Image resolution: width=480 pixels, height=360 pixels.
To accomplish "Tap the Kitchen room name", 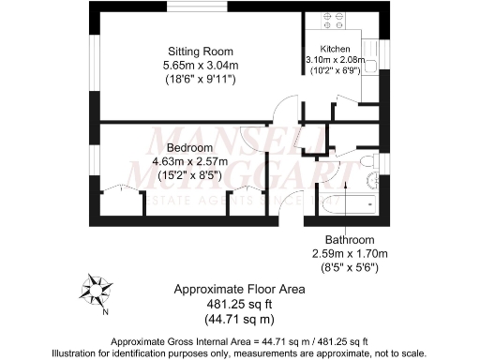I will tap(336, 48).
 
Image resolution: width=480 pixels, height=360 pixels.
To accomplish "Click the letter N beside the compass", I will tap(106, 312).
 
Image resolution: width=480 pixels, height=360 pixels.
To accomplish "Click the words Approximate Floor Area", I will tap(239, 290).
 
